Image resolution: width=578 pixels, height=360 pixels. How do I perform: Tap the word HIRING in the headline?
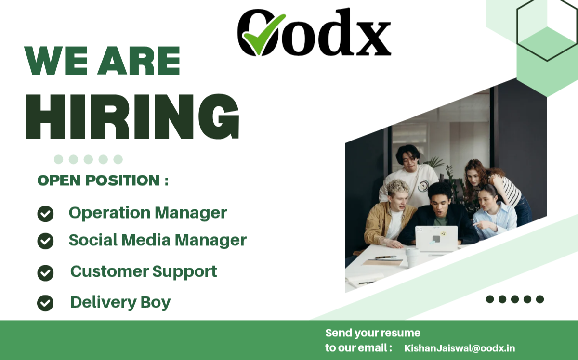(132, 116)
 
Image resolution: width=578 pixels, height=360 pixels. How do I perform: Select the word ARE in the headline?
(139, 61)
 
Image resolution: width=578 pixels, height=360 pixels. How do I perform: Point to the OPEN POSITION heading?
(103, 180)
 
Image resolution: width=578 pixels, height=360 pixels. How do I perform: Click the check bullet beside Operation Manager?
(45, 214)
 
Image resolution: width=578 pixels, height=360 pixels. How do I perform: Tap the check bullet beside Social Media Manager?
(45, 241)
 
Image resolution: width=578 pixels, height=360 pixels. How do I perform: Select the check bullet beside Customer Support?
(45, 273)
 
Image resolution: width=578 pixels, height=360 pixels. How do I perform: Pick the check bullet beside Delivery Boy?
(45, 303)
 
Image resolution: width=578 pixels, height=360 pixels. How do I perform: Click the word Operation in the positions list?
(110, 214)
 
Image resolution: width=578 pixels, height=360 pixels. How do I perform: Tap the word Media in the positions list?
(146, 240)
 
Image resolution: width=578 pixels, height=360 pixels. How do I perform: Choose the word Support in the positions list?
(184, 272)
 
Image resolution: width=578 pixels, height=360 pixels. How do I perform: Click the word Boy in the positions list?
(156, 303)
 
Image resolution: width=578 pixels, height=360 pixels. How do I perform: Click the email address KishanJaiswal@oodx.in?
(460, 348)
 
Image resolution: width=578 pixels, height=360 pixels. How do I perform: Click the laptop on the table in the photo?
(436, 239)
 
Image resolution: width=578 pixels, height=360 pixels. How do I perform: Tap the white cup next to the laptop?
(412, 258)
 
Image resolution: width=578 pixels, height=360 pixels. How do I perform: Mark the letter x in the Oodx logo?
(374, 39)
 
